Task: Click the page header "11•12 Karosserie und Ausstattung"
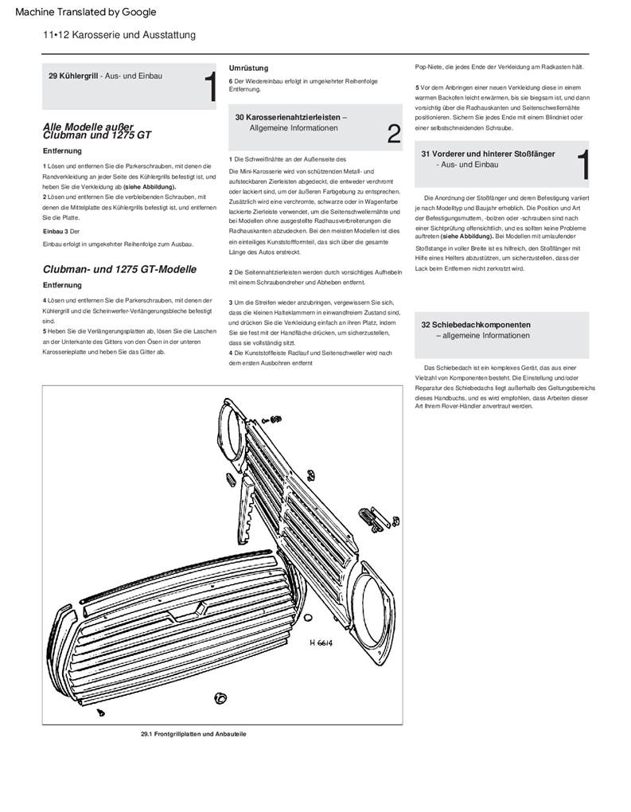click(119, 35)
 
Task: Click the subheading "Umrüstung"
click(248, 68)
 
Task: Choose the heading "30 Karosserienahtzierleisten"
click(290, 117)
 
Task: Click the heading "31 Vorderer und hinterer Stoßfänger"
click(488, 153)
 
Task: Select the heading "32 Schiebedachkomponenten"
click(476, 325)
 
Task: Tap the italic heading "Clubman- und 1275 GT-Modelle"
click(119, 269)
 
